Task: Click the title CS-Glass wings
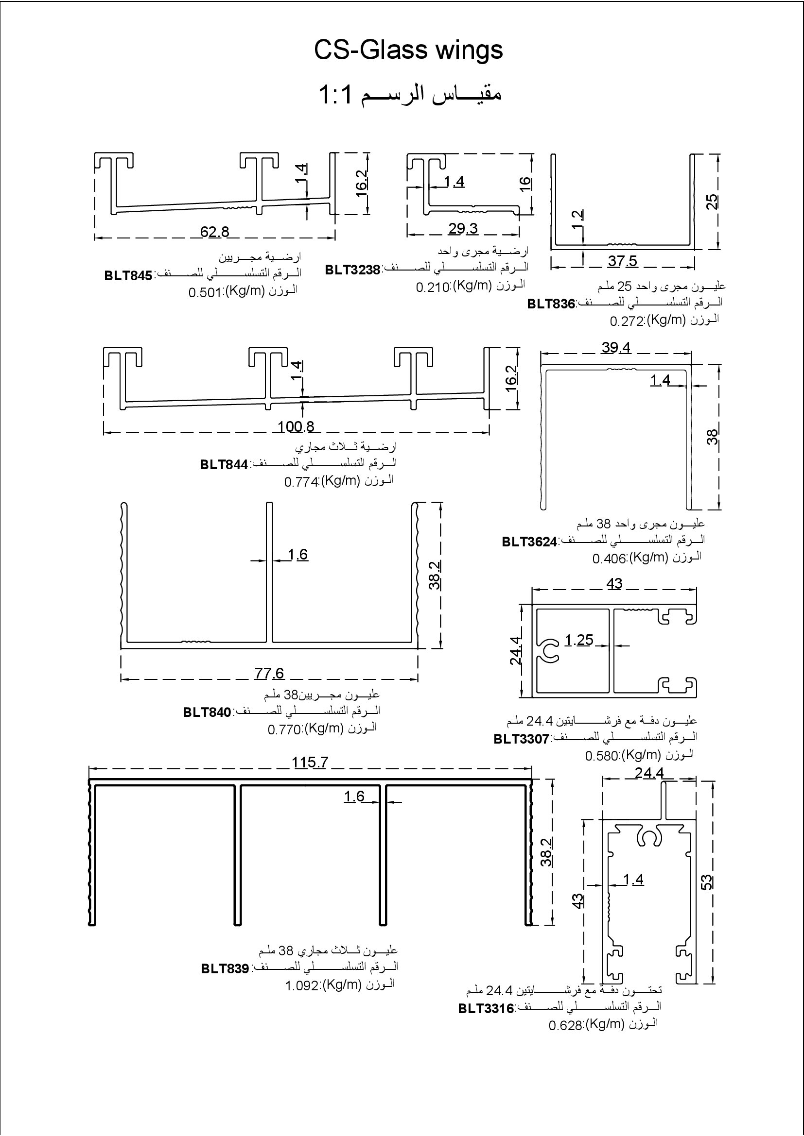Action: point(408,51)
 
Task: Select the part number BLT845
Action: point(128,275)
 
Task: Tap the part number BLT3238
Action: point(352,270)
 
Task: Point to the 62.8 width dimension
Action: point(214,232)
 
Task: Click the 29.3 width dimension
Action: point(463,229)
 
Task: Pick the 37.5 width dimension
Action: point(622,261)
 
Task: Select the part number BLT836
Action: point(551,303)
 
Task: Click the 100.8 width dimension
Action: point(296,426)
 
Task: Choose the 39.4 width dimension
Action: point(616,348)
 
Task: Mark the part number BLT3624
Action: point(529,542)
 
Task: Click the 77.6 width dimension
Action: point(269,673)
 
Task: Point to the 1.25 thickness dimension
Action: point(579,640)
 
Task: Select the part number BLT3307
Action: point(521,739)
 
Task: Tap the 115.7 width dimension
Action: point(310,763)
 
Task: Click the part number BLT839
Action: point(225,968)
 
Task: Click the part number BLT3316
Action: point(486,1008)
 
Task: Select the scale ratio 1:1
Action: point(335,95)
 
